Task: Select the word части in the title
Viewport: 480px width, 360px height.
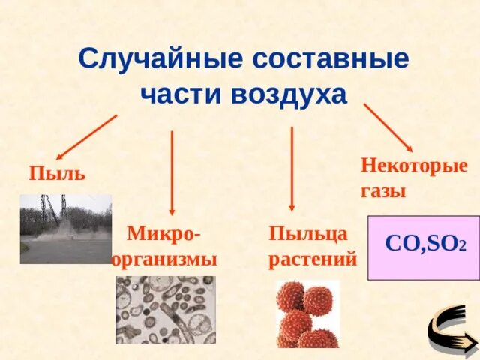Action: [x=181, y=94]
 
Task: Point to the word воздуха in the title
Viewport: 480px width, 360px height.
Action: [x=289, y=94]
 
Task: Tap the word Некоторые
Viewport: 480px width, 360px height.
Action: [x=414, y=165]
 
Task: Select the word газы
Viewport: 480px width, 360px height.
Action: [x=383, y=190]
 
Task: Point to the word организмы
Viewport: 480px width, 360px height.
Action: [x=164, y=259]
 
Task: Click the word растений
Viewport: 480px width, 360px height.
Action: [x=313, y=259]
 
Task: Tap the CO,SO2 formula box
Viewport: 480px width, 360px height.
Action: [x=424, y=247]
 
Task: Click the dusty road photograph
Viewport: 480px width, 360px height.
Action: [x=66, y=229]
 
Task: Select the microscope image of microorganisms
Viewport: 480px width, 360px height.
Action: [x=165, y=310]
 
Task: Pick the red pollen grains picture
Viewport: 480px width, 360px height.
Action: [x=307, y=314]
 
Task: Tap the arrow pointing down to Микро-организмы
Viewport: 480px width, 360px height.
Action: [x=172, y=172]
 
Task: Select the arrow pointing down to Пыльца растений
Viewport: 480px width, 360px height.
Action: [x=292, y=169]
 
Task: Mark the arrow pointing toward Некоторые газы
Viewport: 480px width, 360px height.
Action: [x=388, y=128]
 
